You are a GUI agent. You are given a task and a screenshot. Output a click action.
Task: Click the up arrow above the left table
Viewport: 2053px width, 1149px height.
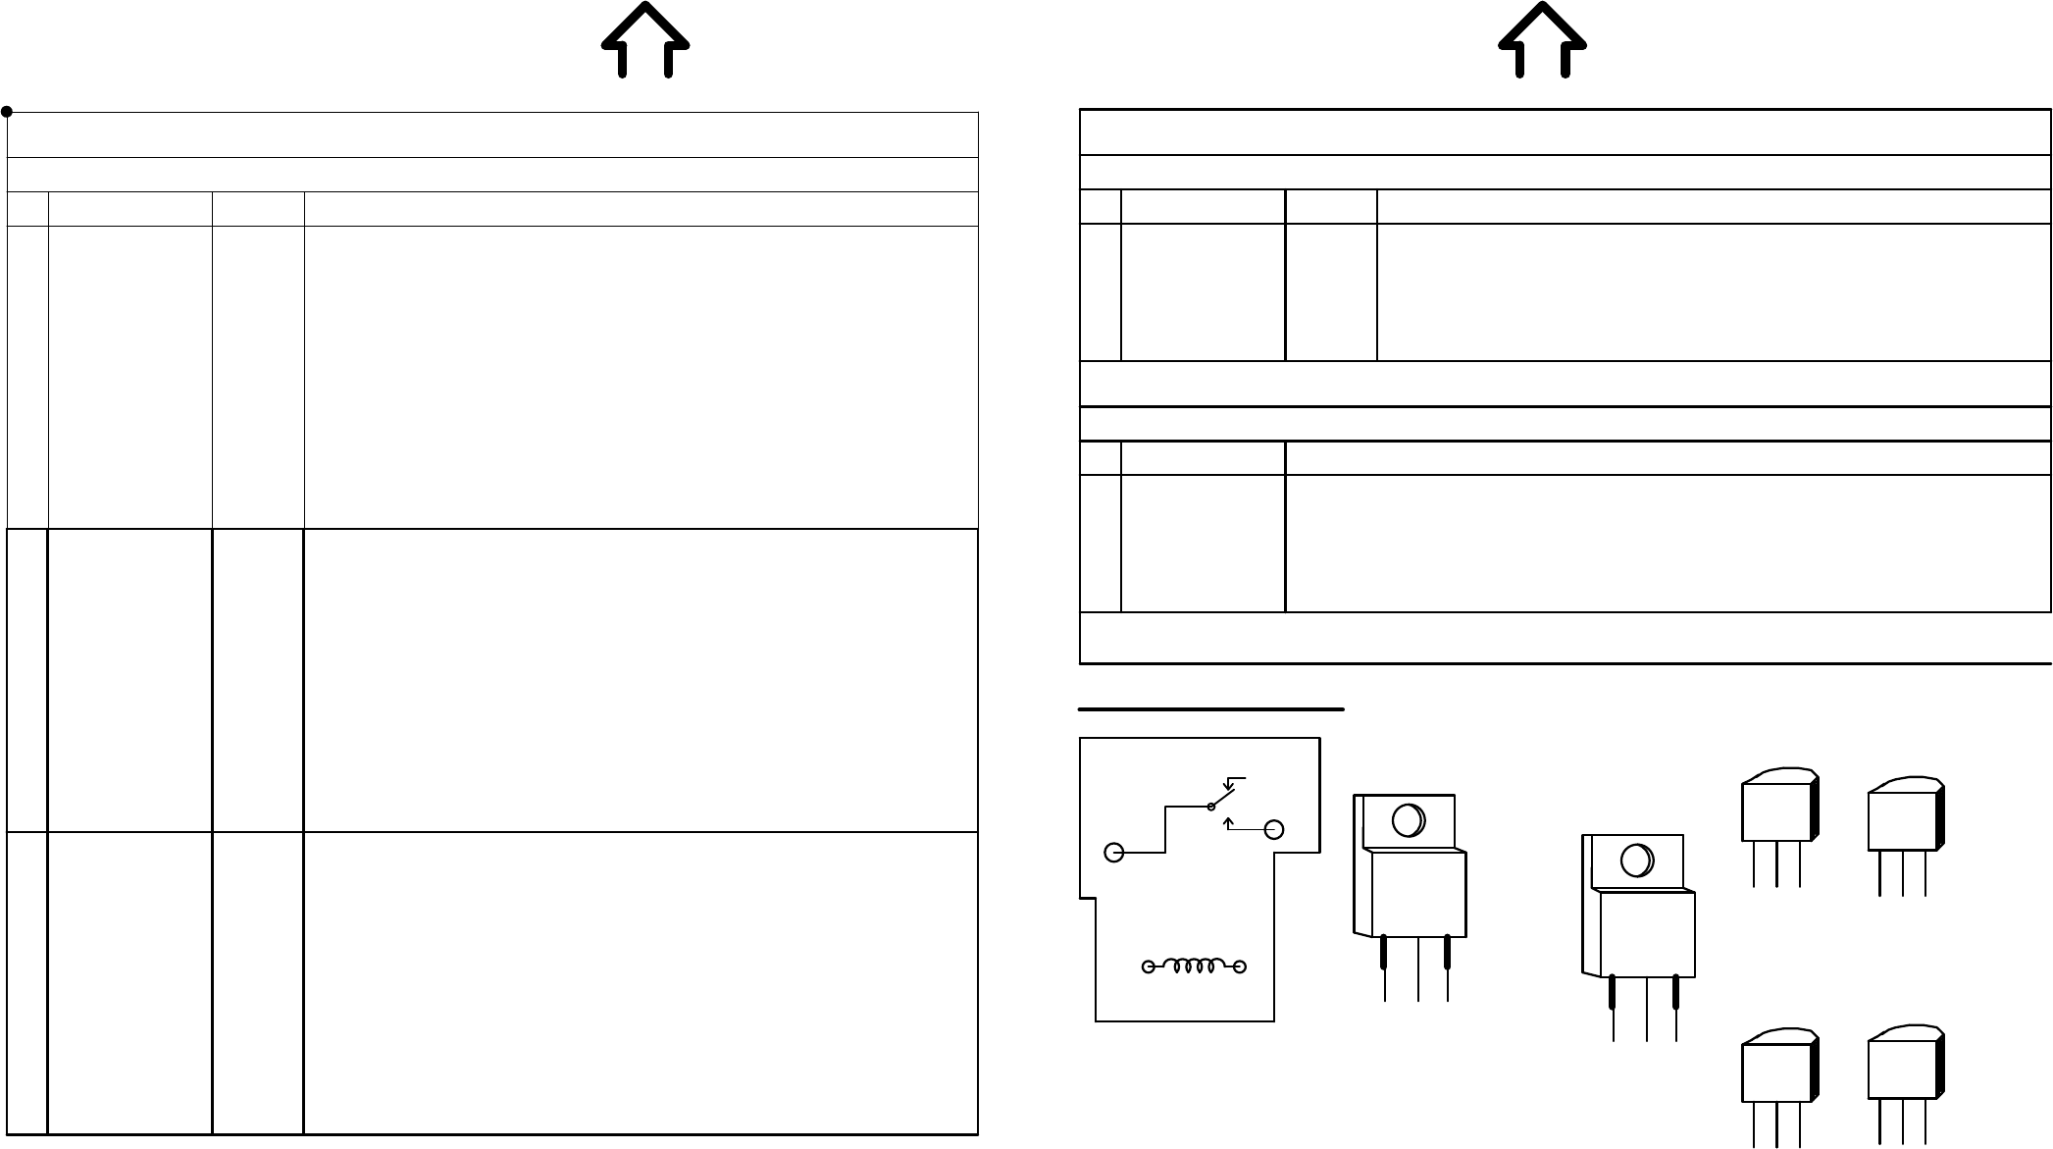tap(644, 39)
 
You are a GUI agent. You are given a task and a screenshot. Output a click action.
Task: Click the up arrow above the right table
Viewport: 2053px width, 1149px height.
tap(1542, 39)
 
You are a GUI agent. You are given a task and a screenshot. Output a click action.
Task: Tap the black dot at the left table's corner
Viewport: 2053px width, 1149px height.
tap(7, 112)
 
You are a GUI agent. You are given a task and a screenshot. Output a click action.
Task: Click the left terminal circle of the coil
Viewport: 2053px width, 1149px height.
tap(1148, 967)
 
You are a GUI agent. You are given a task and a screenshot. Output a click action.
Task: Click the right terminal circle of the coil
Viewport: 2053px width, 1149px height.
tap(1240, 967)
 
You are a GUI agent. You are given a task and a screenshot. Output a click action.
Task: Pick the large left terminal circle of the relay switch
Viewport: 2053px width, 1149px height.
tap(1113, 852)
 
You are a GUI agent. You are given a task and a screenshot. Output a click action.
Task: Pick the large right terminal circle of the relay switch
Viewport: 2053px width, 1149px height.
tap(1273, 830)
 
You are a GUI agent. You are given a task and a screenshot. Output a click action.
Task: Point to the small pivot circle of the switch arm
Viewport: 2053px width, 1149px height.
tap(1211, 807)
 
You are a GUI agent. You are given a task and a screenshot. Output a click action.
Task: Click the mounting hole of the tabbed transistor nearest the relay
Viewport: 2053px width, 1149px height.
tap(1408, 820)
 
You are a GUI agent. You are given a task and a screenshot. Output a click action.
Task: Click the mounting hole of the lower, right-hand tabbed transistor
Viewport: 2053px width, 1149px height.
tap(1635, 861)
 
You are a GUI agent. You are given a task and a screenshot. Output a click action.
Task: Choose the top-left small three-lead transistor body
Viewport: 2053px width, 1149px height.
tap(1776, 810)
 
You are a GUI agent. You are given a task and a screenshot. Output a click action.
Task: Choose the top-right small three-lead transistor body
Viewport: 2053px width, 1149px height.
tap(1903, 818)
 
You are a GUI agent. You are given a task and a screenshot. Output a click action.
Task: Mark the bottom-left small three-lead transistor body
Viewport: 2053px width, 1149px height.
tap(1776, 1072)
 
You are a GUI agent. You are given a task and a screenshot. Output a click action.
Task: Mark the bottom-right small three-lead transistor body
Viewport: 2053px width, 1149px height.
tap(1903, 1069)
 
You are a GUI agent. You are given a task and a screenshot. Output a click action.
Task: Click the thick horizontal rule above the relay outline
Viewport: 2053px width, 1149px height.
tap(1210, 707)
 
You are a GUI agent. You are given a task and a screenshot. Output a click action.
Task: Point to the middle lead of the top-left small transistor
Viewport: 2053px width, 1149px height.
tap(1777, 864)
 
